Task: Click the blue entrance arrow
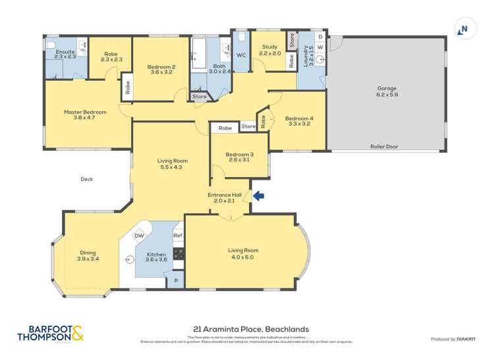259,195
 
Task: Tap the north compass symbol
464,29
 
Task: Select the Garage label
387,88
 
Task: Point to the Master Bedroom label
85,112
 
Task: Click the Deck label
87,178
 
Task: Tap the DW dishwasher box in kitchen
139,236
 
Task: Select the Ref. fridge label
177,236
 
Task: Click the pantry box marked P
175,281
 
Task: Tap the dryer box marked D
320,38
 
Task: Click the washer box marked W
320,47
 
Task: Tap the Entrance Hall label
224,195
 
